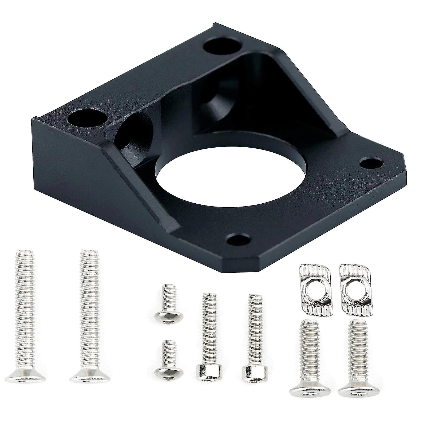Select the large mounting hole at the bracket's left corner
tap(87, 119)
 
